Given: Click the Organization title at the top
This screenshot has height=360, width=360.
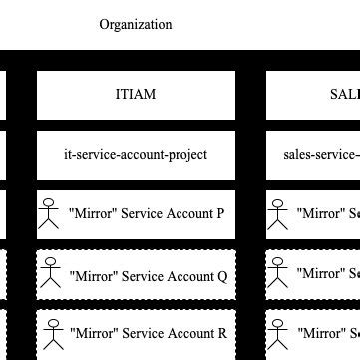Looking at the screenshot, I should click(136, 25).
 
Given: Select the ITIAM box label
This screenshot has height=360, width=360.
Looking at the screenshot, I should click(136, 95).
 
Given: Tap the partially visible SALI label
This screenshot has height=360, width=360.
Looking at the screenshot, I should click(344, 95).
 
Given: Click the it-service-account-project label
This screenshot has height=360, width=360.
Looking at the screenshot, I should click(136, 154).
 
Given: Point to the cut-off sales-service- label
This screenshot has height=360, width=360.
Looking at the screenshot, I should click(321, 154).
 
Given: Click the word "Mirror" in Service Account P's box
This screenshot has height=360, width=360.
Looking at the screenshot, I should click(92, 213).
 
